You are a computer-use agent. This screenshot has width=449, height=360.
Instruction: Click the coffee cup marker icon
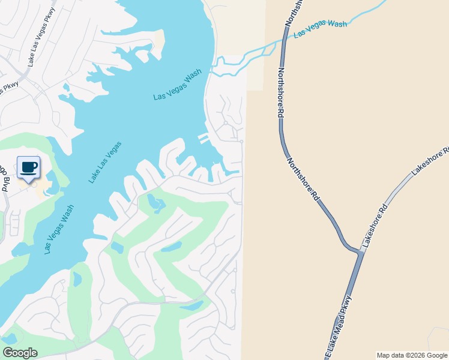pos(29,167)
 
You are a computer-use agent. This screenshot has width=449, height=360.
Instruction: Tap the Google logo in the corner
pos(20,353)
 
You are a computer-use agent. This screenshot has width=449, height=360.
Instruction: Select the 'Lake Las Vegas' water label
pos(106,162)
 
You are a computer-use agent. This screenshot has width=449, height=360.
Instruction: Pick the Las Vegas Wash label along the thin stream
pos(320,29)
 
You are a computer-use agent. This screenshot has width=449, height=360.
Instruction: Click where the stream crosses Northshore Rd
pos(280,42)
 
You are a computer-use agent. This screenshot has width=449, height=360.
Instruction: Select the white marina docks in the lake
pos(204,139)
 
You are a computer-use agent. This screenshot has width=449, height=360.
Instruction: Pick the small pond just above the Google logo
pos(9,338)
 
